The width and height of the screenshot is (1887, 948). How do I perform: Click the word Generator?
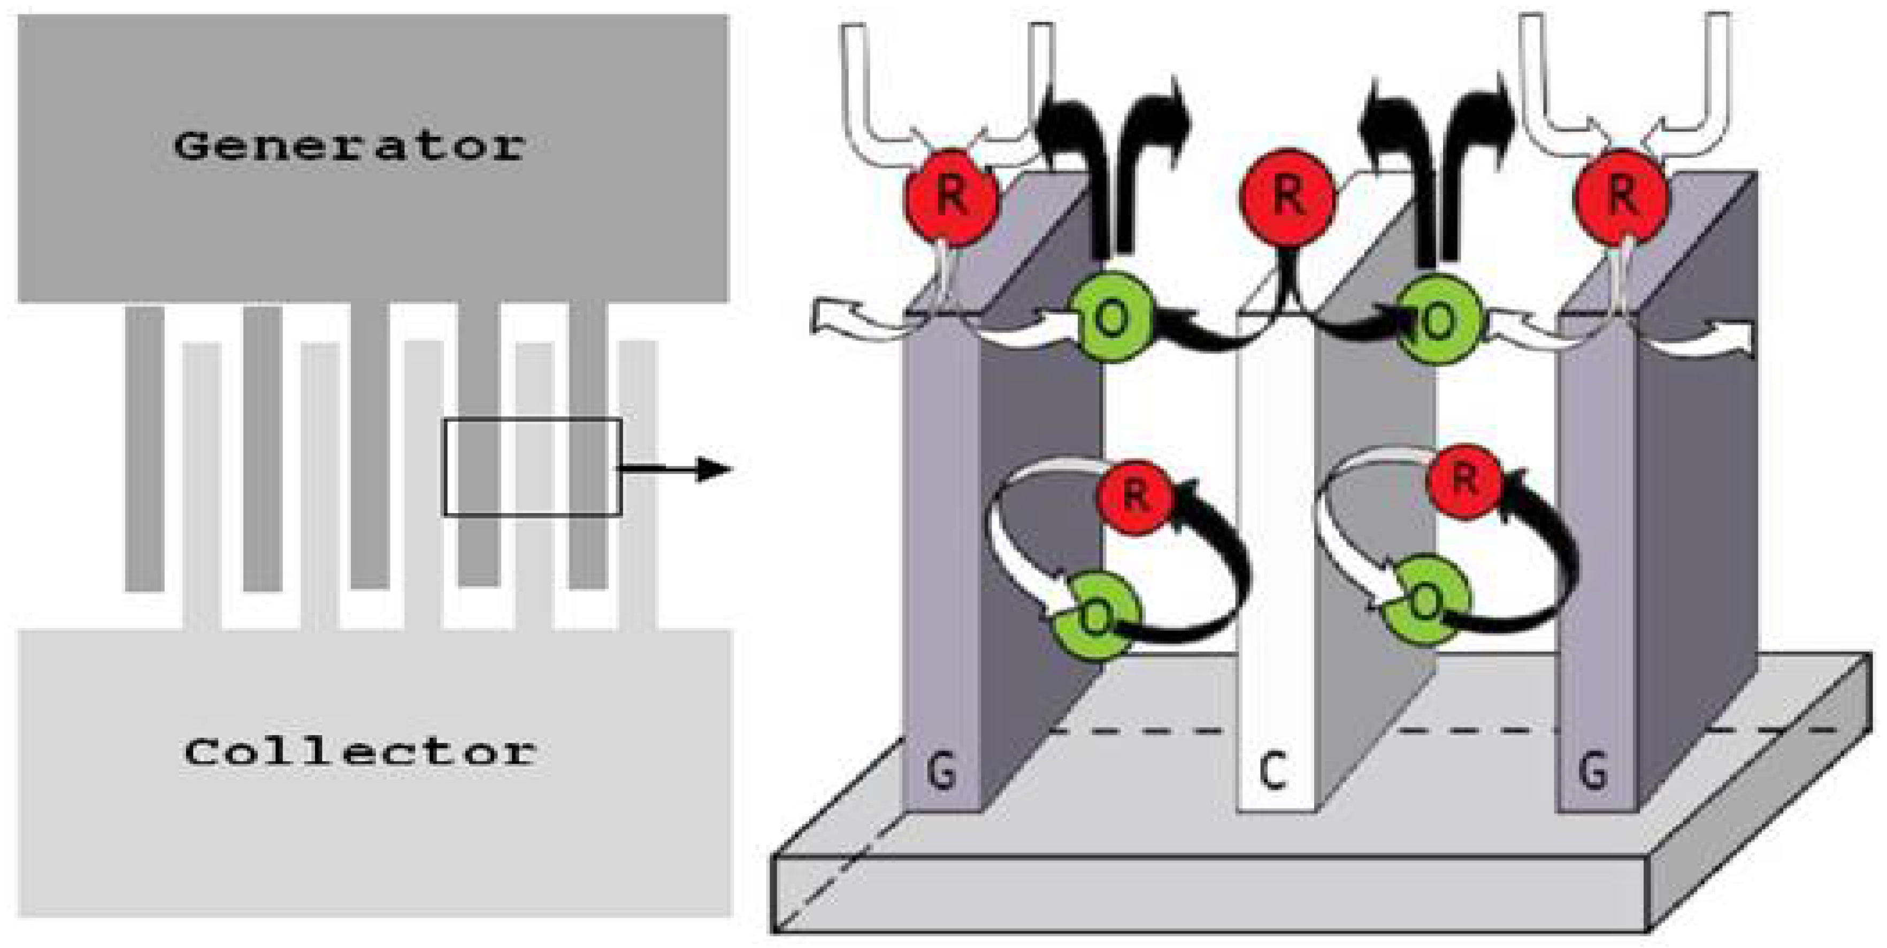pos(349,147)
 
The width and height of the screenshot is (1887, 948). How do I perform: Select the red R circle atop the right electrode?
pos(1622,194)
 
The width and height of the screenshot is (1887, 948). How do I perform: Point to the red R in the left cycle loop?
pos(1134,495)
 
